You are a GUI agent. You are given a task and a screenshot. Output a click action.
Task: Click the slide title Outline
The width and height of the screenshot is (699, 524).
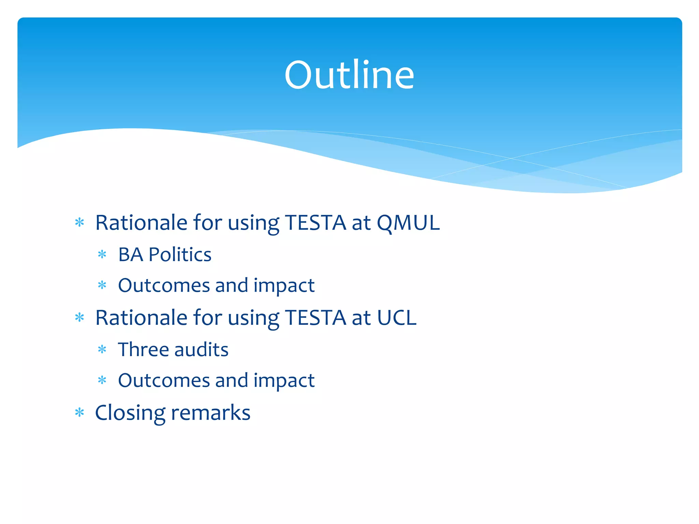349,75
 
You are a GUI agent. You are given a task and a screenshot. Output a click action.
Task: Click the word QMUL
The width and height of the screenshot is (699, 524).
408,223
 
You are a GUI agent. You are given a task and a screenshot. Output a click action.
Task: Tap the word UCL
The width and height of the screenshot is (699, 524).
397,318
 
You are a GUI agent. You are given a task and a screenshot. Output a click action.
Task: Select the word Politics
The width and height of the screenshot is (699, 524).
180,254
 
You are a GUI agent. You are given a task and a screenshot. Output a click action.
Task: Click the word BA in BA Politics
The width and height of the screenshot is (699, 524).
130,254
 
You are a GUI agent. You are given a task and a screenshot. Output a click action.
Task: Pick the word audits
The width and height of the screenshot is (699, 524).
201,350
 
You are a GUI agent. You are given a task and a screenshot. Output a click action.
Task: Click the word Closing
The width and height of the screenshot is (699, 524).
130,413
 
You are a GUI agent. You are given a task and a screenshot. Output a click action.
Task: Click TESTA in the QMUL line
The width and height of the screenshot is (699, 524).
315,223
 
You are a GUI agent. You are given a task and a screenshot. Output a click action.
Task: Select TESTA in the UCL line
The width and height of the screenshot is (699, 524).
315,318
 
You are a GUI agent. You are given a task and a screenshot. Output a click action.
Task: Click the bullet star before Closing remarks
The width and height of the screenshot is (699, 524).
80,413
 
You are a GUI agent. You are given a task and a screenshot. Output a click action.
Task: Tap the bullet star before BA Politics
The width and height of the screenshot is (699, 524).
102,254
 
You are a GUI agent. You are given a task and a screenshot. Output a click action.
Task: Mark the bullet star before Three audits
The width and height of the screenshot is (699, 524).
102,350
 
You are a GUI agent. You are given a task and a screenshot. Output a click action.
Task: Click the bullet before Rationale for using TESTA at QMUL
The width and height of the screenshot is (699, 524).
80,223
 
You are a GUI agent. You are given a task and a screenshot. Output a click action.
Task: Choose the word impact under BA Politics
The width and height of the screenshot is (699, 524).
284,286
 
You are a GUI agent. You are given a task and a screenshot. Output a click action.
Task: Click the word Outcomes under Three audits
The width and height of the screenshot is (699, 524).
163,380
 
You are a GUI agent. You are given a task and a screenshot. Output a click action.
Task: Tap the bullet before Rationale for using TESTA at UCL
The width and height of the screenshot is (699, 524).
80,318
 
